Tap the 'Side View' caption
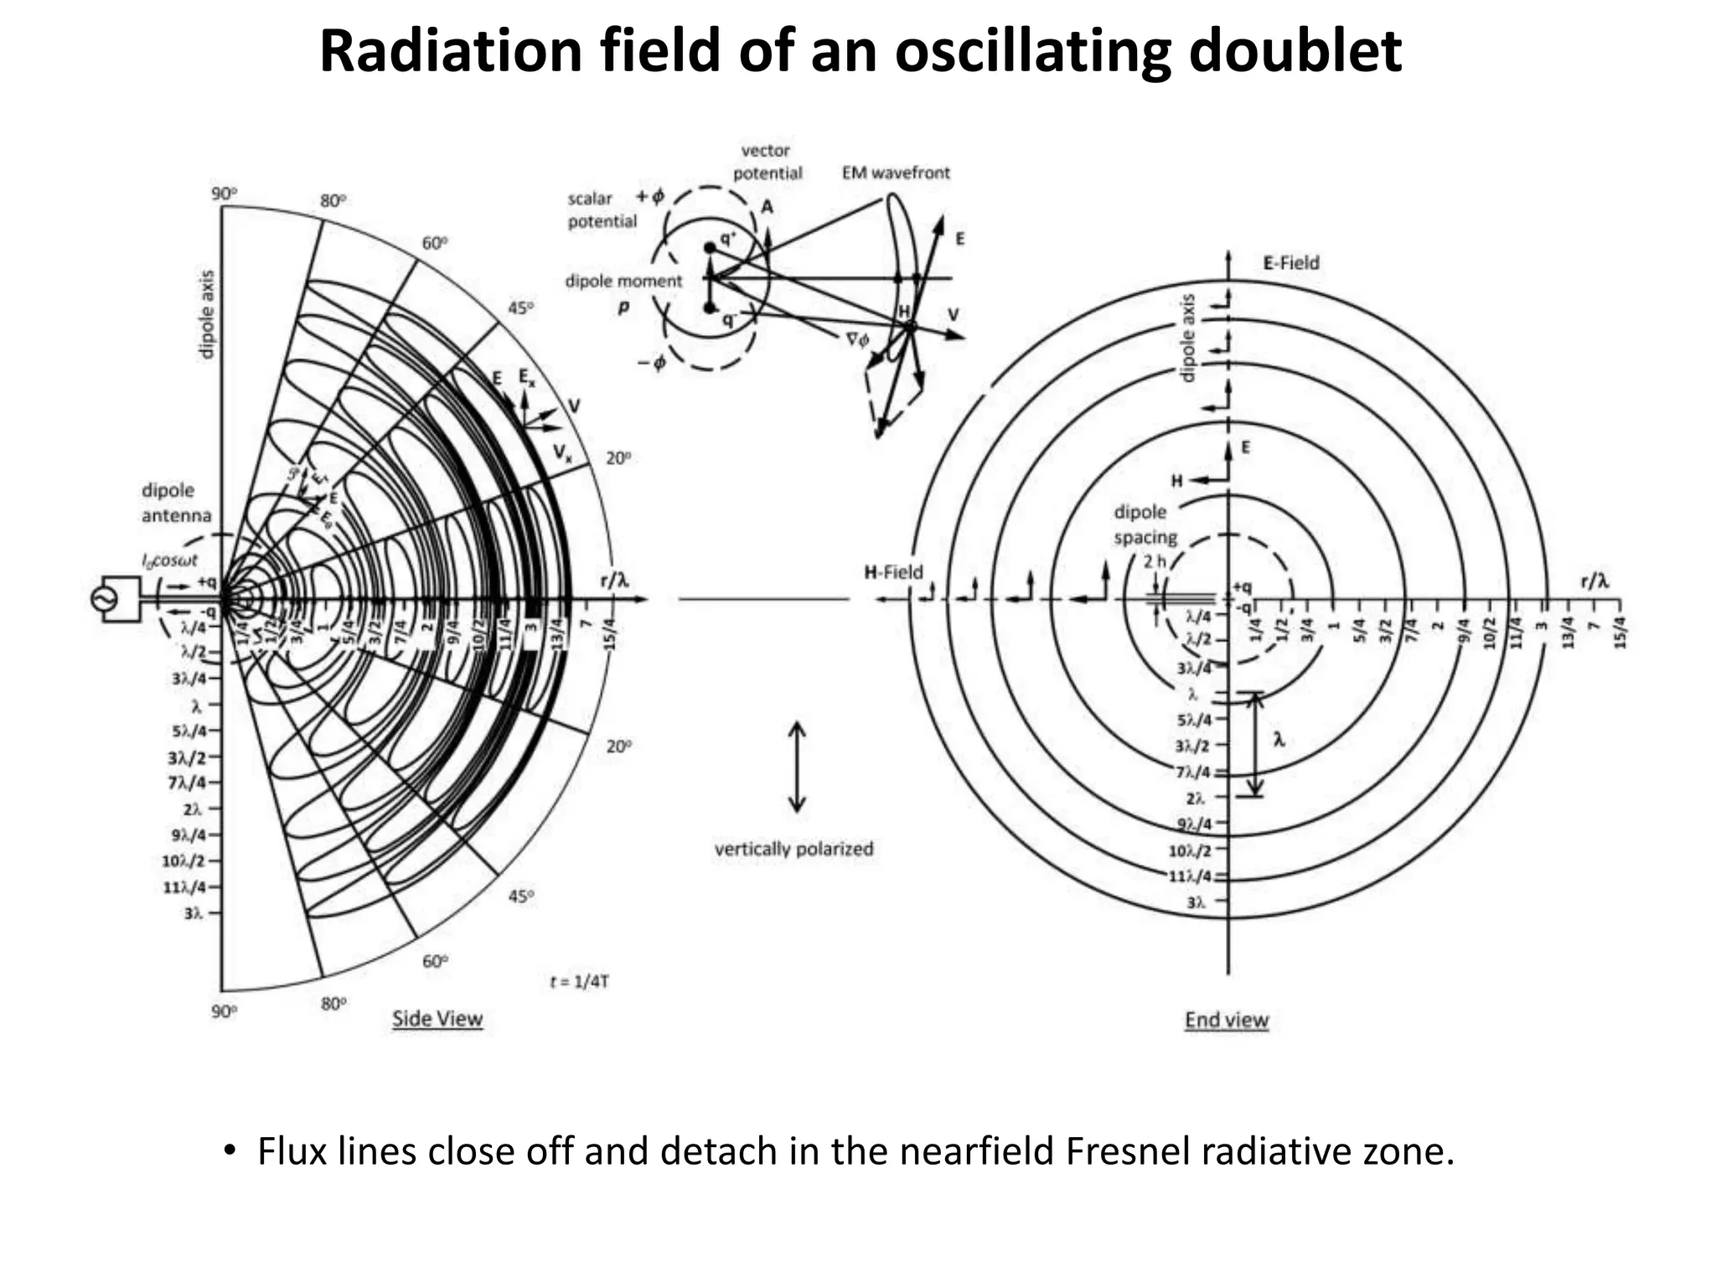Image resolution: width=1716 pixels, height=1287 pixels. click(437, 1019)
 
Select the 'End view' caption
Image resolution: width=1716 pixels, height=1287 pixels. click(1227, 1020)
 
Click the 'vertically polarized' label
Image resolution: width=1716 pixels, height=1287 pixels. click(793, 849)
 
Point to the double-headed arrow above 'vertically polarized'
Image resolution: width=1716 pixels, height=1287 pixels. click(797, 768)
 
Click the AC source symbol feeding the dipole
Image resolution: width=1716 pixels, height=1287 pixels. click(106, 599)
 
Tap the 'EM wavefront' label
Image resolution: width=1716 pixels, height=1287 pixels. click(896, 173)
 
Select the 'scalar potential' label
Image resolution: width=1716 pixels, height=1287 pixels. click(602, 209)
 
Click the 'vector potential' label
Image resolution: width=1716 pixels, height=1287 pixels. click(767, 162)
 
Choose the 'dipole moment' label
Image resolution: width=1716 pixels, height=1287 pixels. click(624, 282)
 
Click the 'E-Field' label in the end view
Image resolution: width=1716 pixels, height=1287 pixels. click(1290, 263)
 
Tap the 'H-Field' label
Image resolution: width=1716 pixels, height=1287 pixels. click(893, 572)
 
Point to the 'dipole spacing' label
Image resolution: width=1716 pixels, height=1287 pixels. click(1145, 525)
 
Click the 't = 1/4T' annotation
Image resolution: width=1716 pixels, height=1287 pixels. click(579, 980)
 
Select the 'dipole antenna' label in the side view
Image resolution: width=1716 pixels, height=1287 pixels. click(176, 503)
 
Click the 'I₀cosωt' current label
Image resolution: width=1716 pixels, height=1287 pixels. click(169, 561)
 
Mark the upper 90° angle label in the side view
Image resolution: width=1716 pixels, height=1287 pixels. click(224, 194)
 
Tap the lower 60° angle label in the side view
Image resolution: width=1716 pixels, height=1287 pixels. click(435, 960)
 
